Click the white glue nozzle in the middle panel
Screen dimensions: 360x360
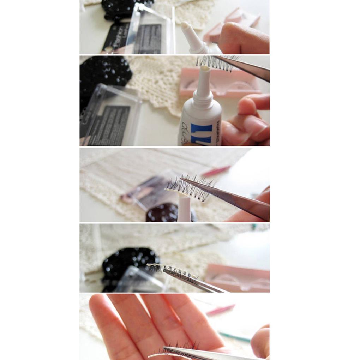(x=184, y=208)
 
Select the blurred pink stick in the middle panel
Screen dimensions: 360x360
(x=216, y=171)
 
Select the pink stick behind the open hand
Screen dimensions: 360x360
(x=221, y=310)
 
